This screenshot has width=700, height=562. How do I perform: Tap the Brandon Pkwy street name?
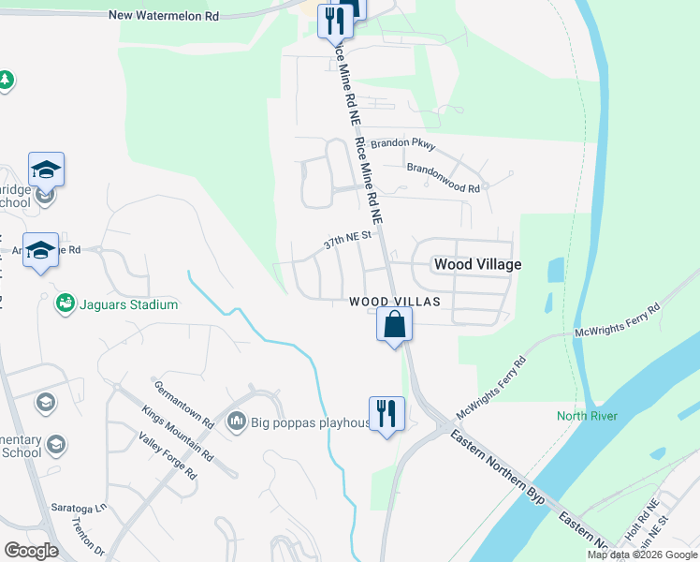click(x=403, y=144)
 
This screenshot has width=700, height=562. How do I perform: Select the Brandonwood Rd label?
click(x=443, y=178)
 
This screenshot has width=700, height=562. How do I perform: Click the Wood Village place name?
click(x=477, y=265)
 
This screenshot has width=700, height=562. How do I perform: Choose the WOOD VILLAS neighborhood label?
click(x=394, y=302)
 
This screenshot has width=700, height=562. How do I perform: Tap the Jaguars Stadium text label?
click(x=127, y=304)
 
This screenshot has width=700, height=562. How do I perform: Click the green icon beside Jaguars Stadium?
click(x=65, y=303)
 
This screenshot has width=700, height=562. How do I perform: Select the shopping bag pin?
click(x=394, y=326)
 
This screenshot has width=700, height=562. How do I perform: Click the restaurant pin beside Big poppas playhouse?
click(x=386, y=412)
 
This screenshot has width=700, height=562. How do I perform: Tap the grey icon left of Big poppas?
click(x=236, y=421)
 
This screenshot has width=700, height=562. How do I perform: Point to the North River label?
click(x=587, y=416)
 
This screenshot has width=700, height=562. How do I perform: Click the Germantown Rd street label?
click(x=183, y=405)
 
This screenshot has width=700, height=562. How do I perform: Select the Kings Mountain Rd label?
click(x=177, y=434)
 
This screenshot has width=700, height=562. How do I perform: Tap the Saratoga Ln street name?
click(x=79, y=509)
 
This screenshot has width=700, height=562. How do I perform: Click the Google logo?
click(x=30, y=551)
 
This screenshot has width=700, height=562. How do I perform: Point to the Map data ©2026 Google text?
click(x=642, y=555)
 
